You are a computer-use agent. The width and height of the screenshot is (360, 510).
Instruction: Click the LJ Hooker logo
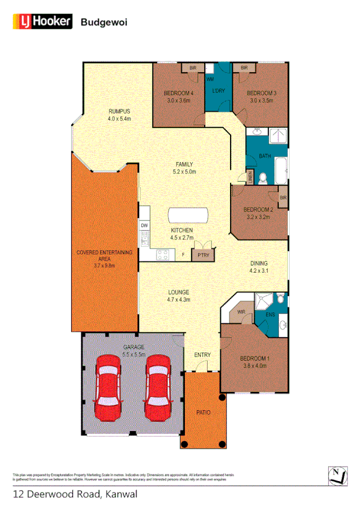pyautogui.click(x=42, y=22)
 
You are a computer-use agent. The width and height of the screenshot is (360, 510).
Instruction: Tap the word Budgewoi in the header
pyautogui.click(x=104, y=22)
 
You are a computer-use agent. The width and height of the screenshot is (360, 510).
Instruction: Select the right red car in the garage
pyautogui.click(x=157, y=388)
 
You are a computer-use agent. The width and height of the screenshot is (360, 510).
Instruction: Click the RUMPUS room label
pyautogui.click(x=119, y=111)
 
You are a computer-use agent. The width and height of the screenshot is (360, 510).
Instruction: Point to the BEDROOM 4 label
pyautogui.click(x=178, y=93)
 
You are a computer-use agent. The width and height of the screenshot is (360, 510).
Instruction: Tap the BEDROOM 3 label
pyautogui.click(x=261, y=93)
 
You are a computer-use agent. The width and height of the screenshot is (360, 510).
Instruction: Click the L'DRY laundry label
pyautogui.click(x=218, y=92)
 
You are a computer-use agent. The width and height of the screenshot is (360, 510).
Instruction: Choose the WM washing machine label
pyautogui.click(x=211, y=79)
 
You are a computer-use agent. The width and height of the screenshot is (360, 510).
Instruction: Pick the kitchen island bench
pyautogui.click(x=189, y=215)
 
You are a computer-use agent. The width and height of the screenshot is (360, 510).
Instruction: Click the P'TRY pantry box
pyautogui.click(x=202, y=255)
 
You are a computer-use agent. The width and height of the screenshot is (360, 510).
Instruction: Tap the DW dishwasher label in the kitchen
pyautogui.click(x=144, y=226)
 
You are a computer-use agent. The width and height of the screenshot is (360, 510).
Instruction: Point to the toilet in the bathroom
pyautogui.click(x=262, y=177)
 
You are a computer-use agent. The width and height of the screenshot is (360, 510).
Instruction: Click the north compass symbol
pyautogui.click(x=338, y=475)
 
